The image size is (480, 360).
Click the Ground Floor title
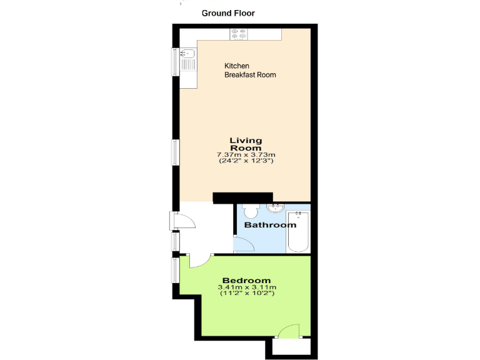(228, 13)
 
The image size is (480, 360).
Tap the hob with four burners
(238, 34)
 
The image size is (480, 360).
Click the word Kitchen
(237, 66)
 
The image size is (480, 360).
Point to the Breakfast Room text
(250, 75)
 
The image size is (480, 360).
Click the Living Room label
(246, 144)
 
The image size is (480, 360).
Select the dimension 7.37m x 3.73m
(246, 154)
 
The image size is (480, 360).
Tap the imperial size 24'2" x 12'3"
(246, 161)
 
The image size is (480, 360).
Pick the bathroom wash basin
(275, 207)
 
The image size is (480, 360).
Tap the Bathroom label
(270, 225)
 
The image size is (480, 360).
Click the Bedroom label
(246, 281)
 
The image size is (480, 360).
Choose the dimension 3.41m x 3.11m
(246, 287)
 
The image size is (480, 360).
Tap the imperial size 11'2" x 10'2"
(246, 294)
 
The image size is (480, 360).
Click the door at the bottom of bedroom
(289, 331)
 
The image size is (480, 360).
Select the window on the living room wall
(176, 152)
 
